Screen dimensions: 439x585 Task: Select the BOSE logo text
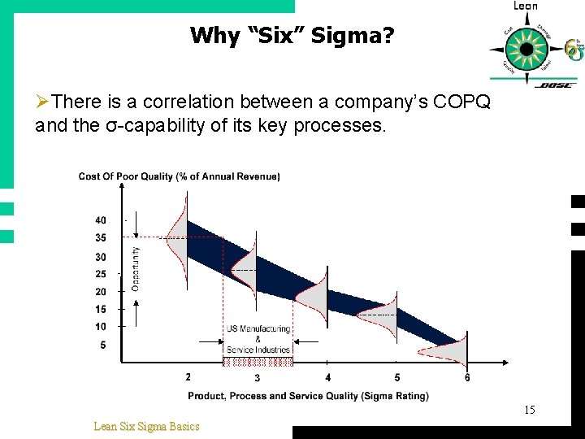click(556, 84)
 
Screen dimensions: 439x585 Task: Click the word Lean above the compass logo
click(525, 7)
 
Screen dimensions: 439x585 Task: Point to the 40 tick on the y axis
click(100, 220)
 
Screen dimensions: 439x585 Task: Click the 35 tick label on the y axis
click(100, 238)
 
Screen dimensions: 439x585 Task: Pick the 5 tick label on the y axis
click(102, 345)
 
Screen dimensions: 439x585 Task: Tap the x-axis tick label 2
click(188, 377)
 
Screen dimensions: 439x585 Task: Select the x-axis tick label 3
click(257, 378)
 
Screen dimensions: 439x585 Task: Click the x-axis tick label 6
click(467, 377)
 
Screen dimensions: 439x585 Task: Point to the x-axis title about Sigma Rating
click(308, 396)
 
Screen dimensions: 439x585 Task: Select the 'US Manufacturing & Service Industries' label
click(258, 339)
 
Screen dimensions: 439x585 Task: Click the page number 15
click(529, 411)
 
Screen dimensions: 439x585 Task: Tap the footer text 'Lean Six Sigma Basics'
click(146, 426)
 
